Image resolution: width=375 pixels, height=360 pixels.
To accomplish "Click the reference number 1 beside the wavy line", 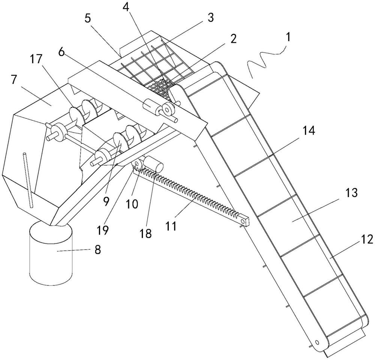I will pyautogui.click(x=288, y=38).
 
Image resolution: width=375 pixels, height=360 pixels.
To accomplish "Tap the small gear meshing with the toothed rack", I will pyautogui.click(x=136, y=165).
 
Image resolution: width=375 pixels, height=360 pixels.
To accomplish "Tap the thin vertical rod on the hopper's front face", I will pyautogui.click(x=28, y=179).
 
